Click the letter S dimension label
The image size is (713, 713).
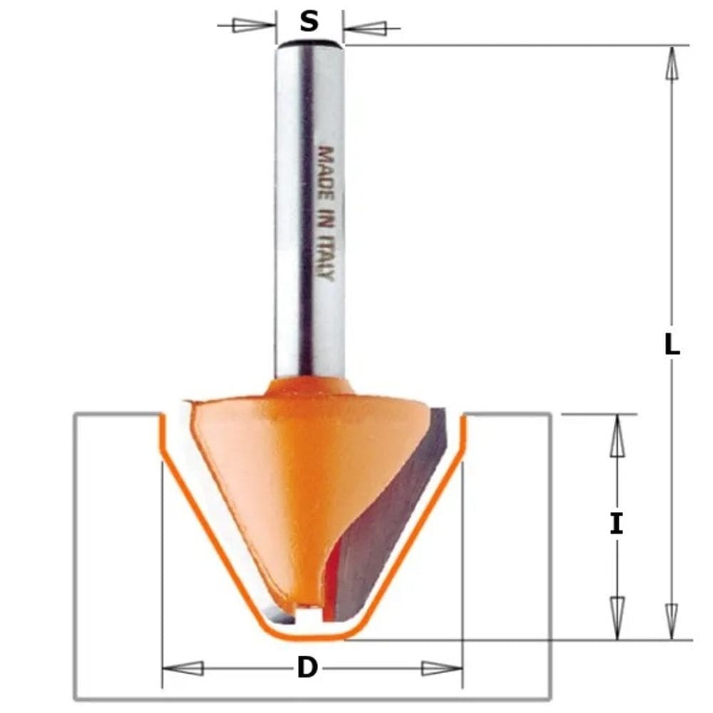pyautogui.click(x=309, y=21)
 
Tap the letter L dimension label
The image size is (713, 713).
pyautogui.click(x=672, y=344)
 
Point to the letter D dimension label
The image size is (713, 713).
pyautogui.click(x=307, y=668)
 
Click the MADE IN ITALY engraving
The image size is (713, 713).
pyautogui.click(x=326, y=213)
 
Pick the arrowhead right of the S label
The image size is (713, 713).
pyautogui.click(x=365, y=29)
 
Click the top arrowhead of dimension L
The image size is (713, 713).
pyautogui.click(x=672, y=63)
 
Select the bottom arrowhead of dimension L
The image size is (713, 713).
pyautogui.click(x=672, y=622)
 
